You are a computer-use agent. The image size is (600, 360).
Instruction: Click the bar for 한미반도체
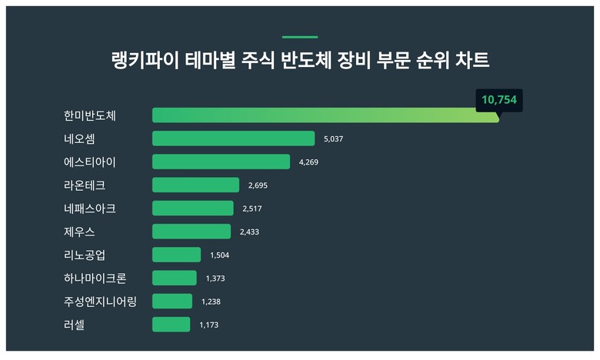tap(325, 115)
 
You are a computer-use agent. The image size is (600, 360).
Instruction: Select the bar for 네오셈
tap(233, 138)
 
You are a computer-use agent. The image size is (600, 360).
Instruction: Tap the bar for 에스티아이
tap(221, 162)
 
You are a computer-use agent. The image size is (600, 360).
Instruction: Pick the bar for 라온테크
tap(195, 185)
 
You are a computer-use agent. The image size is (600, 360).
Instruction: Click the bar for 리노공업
tap(176, 255)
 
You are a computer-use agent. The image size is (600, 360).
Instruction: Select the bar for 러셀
tap(171, 325)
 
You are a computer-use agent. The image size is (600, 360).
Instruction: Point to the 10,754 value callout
tap(498, 100)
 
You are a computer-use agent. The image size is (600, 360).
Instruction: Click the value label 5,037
tap(338, 139)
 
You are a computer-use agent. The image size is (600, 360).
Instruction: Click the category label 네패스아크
tap(90, 208)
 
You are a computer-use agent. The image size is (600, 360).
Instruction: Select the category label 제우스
tap(80, 232)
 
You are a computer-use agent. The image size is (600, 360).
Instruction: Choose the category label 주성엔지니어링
tap(100, 302)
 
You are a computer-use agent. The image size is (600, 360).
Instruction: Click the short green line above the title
tap(300, 37)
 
